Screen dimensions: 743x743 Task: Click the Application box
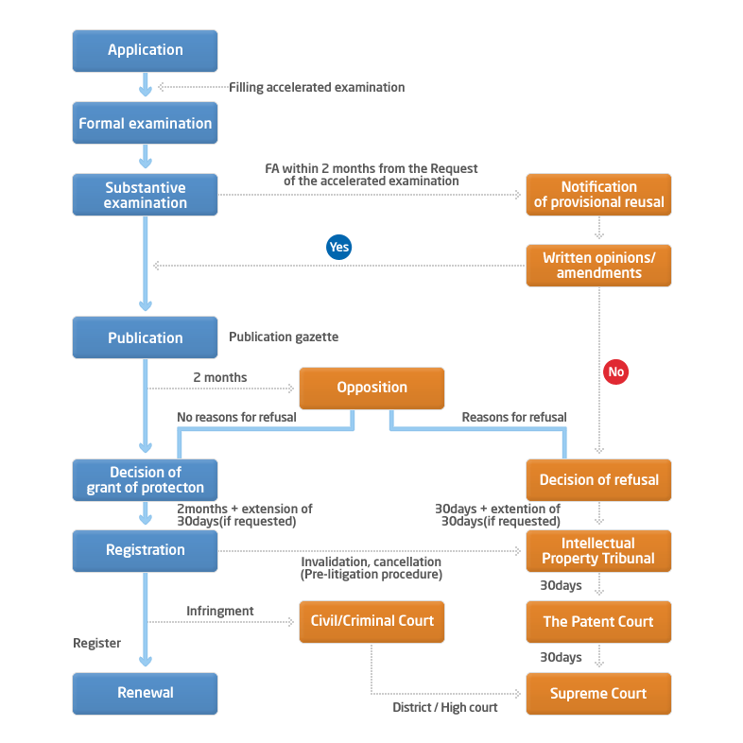(145, 51)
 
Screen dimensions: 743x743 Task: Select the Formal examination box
(145, 123)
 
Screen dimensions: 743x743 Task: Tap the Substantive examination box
(145, 195)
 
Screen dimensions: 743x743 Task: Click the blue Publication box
(145, 337)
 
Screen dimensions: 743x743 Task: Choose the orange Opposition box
(372, 389)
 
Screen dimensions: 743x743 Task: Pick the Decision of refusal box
(598, 480)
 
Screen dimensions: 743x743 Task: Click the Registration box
(145, 551)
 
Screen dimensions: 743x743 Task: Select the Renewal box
(145, 694)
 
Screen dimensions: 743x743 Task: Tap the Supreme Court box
(598, 694)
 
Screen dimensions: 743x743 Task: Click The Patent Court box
(598, 622)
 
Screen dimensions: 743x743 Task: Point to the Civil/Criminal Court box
(372, 622)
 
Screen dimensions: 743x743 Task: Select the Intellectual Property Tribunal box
(598, 551)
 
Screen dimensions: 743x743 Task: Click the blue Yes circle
(338, 247)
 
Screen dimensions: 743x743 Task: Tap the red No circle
(616, 372)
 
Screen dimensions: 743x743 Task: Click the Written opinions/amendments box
(598, 266)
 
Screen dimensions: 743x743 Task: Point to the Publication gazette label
(284, 337)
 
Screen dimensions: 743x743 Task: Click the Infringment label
(220, 611)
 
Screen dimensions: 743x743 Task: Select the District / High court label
(445, 707)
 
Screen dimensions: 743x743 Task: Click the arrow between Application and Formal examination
(146, 84)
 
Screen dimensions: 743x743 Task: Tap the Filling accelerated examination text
(317, 87)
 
